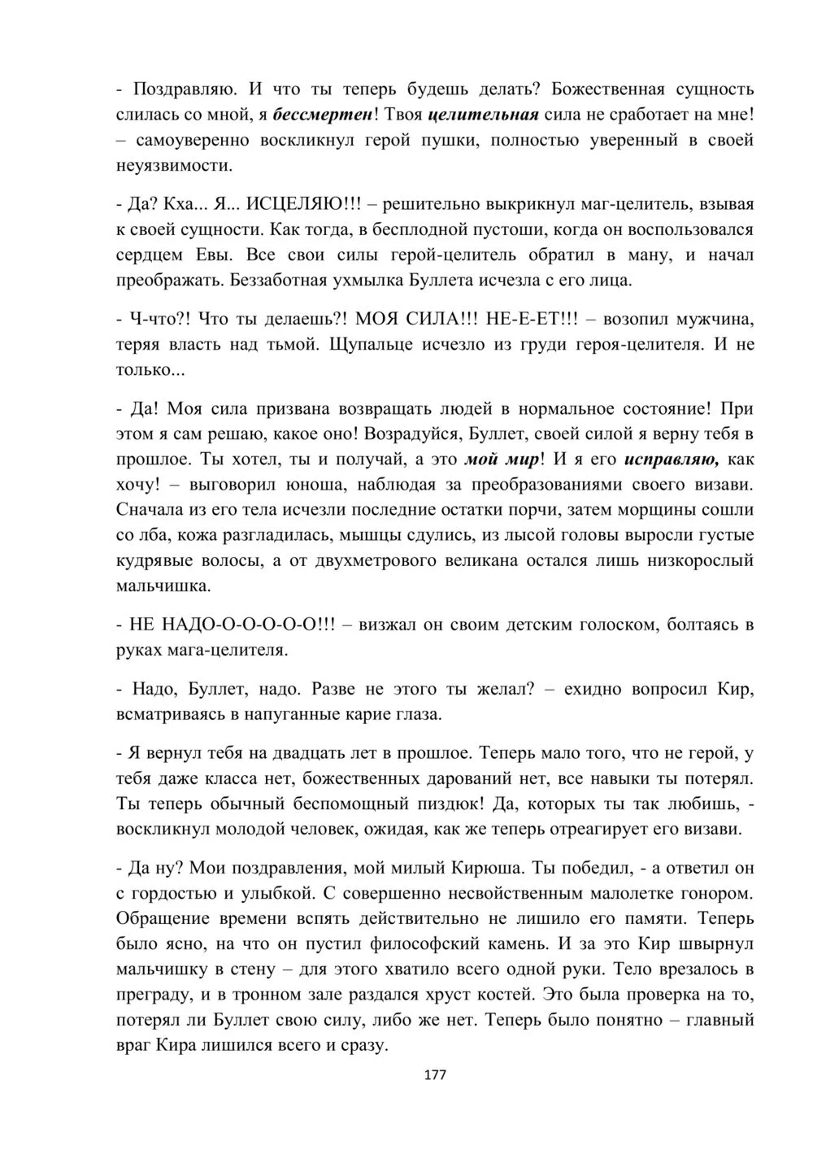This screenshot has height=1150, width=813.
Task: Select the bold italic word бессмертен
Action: point(323,115)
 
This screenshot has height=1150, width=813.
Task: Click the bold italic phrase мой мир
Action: point(501,459)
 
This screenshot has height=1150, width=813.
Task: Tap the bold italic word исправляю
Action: point(672,459)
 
